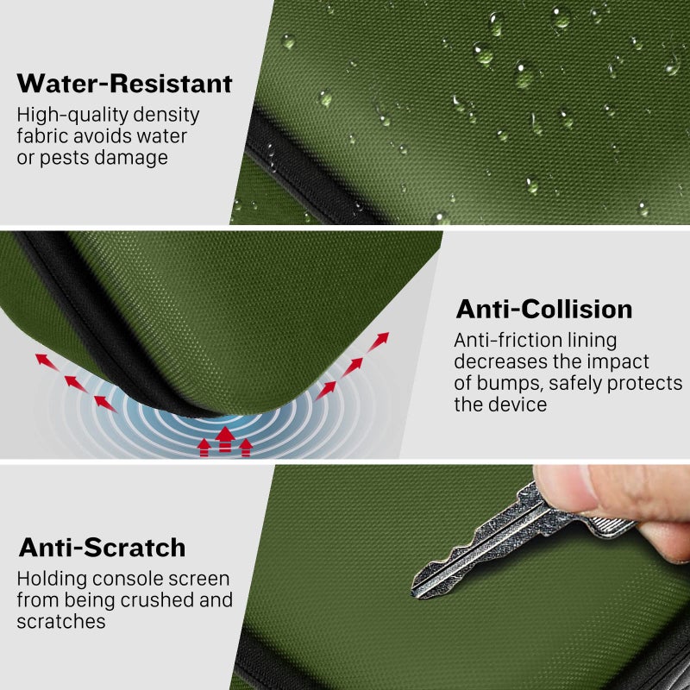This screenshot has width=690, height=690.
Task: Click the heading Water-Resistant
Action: point(124,84)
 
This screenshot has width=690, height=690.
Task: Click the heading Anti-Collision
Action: point(544,309)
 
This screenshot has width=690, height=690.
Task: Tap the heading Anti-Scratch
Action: point(102,548)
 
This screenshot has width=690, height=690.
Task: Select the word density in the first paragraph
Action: point(166,115)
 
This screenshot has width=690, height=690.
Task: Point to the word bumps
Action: point(510,383)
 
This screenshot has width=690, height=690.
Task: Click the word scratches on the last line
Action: point(61,621)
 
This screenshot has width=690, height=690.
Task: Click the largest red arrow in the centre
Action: point(225,439)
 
